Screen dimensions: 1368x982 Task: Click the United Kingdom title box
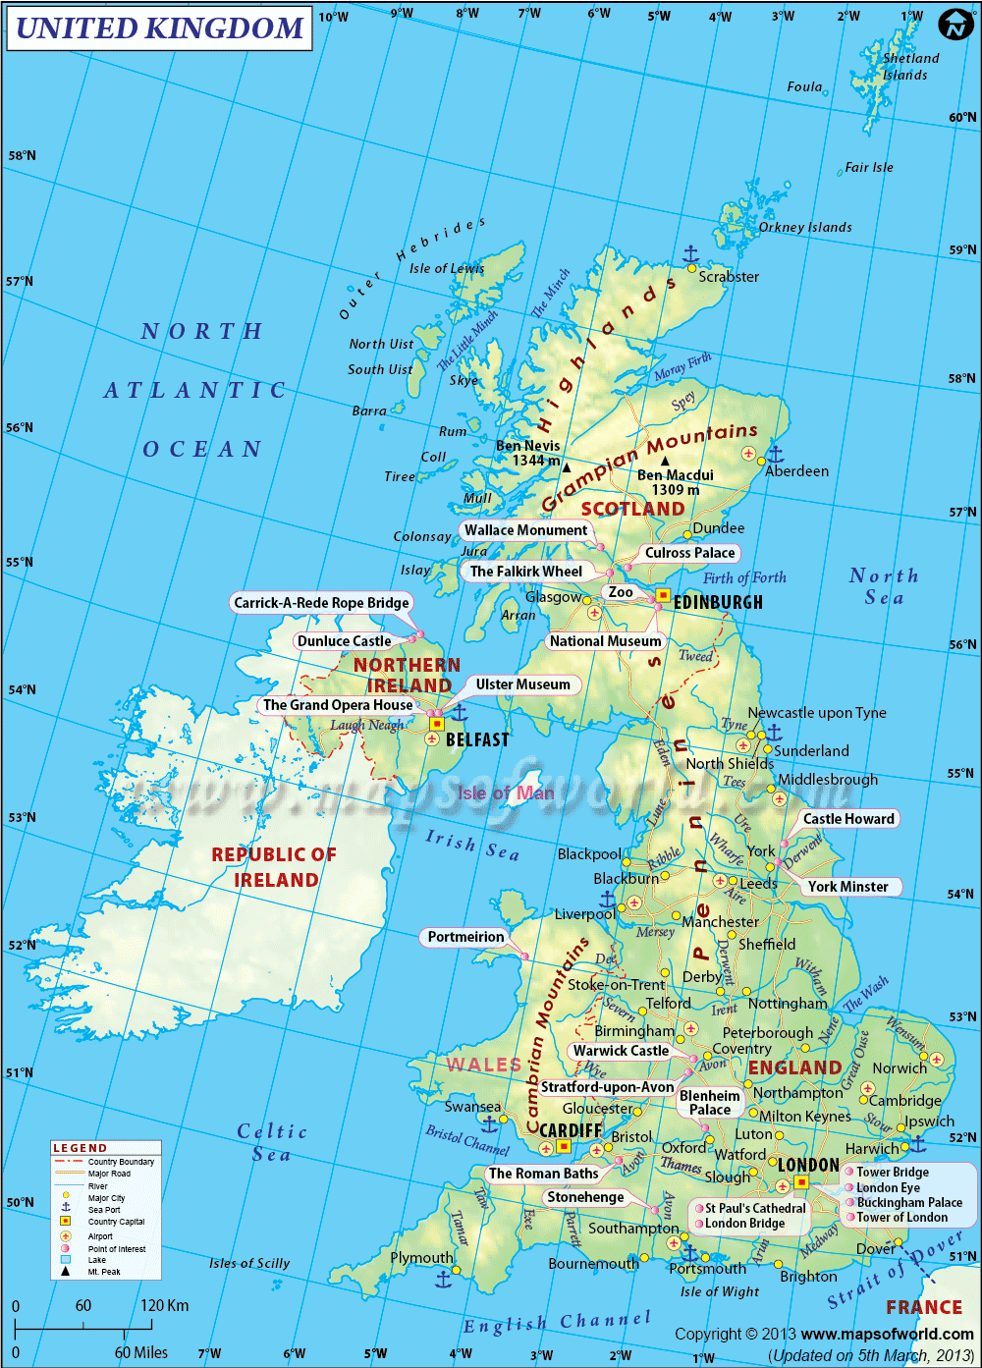(x=159, y=28)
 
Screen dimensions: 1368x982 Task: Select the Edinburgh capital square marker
(x=663, y=595)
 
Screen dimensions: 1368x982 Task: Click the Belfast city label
(x=477, y=739)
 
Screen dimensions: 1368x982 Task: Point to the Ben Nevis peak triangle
(x=566, y=468)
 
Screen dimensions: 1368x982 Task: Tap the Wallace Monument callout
(x=525, y=530)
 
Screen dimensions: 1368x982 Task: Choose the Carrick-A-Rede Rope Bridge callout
(x=321, y=603)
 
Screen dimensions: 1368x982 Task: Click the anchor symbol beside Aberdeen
(x=775, y=454)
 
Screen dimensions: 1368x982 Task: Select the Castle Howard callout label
(x=848, y=819)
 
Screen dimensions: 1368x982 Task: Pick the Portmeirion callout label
(x=465, y=937)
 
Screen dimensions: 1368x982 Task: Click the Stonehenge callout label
(x=585, y=1197)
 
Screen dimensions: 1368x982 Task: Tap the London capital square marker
(x=801, y=1182)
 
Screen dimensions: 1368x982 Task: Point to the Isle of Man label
(x=506, y=793)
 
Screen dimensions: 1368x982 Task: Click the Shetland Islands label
(x=909, y=67)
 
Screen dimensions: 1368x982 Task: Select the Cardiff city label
(x=571, y=1130)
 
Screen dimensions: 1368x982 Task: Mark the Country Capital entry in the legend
(x=116, y=1222)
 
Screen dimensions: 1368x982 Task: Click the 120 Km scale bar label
(x=163, y=1306)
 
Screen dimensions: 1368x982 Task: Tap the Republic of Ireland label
(x=274, y=867)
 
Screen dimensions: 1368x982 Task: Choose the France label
(x=923, y=1307)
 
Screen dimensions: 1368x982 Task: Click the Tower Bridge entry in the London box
(x=892, y=1172)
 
